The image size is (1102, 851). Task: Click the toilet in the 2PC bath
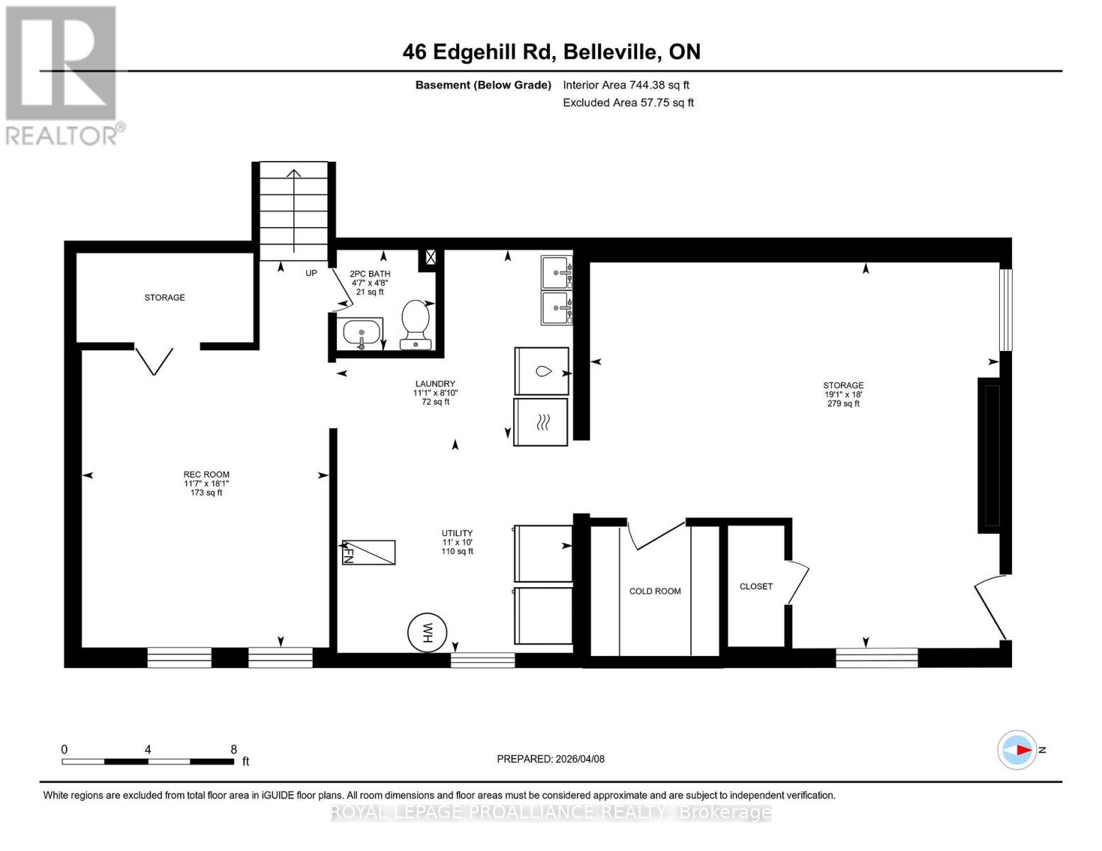pos(415,323)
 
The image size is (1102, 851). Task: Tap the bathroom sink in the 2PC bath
pos(361,332)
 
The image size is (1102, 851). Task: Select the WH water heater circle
pos(427,632)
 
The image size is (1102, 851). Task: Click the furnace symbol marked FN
pos(369,552)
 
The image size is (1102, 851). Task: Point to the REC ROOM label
pos(206,474)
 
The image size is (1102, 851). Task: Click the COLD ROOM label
pos(654,591)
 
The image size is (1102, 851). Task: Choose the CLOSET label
pos(756,586)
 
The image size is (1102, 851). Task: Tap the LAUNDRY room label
pos(435,384)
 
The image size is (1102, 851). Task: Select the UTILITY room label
pos(457,533)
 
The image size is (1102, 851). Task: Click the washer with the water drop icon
pos(541,371)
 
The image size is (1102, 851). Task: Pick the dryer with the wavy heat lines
pos(541,422)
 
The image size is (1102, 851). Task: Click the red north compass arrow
pos(1022,750)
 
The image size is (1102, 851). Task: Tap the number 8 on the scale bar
pos(233,750)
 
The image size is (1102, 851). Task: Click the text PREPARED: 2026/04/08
pos(551,759)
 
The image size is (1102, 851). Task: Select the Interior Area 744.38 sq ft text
pos(626,85)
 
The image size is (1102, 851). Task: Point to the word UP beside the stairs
pos(311,273)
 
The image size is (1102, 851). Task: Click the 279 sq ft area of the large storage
pos(843,404)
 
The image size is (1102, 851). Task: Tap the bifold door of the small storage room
pos(154,360)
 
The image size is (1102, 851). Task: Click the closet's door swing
pos(799,582)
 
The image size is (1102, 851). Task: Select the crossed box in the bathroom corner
pos(431,257)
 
